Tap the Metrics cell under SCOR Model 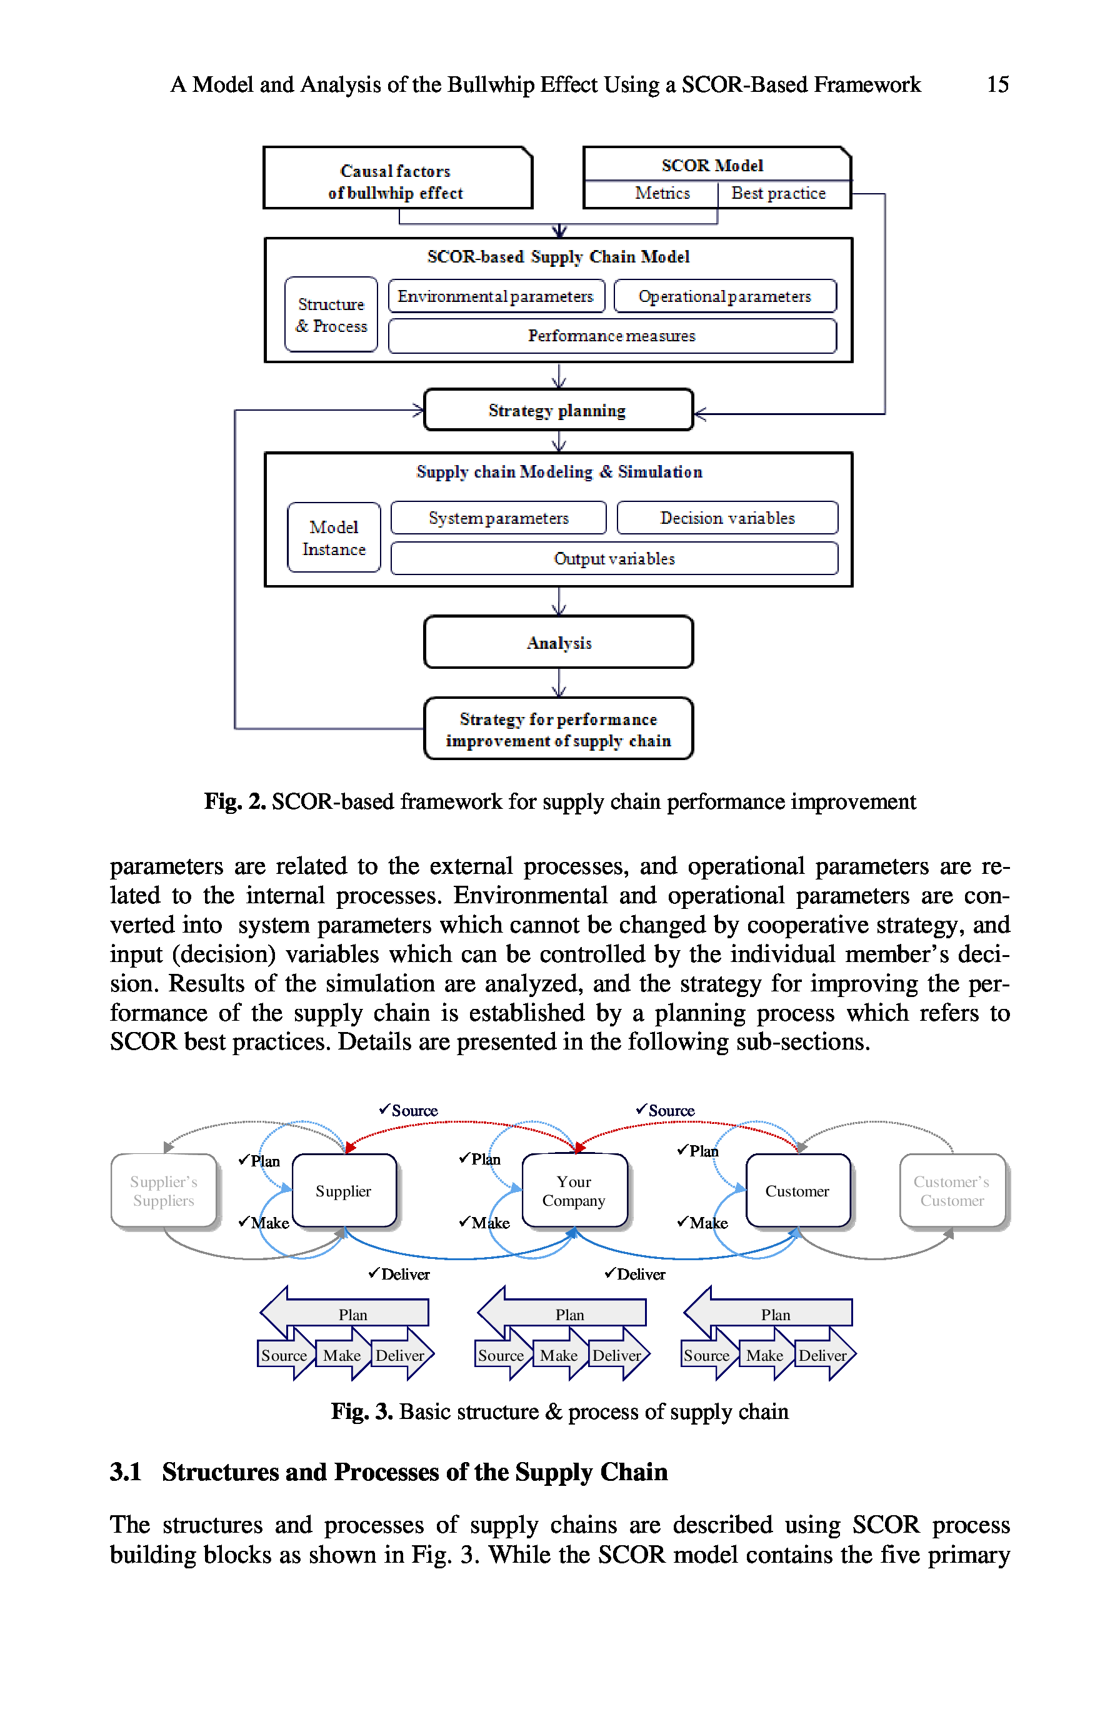point(661,194)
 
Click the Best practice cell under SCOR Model point(777,194)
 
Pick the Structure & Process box point(331,315)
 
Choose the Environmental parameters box point(496,296)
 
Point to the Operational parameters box point(724,296)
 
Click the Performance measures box point(612,336)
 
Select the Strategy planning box point(557,410)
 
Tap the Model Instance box point(334,538)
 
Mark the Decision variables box point(727,518)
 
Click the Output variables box point(614,558)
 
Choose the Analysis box point(558,642)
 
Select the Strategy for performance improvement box point(558,729)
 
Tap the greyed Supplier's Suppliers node point(163,1190)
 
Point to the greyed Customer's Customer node point(952,1190)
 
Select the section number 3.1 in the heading point(125,1471)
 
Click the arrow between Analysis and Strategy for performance point(558,683)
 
